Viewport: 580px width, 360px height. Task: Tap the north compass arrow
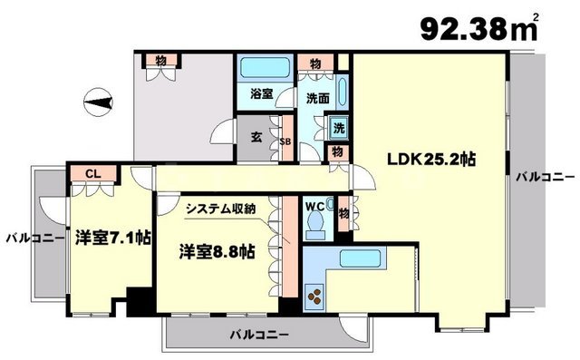pyautogui.click(x=99, y=101)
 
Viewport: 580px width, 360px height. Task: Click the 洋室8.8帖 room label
pyautogui.click(x=216, y=250)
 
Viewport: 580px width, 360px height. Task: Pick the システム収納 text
pyautogui.click(x=220, y=208)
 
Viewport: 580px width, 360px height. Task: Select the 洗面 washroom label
pyautogui.click(x=316, y=97)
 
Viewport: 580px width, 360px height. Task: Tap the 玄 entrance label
pyautogui.click(x=257, y=138)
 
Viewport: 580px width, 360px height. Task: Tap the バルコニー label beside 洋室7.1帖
pyautogui.click(x=34, y=239)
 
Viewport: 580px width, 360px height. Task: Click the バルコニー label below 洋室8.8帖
pyautogui.click(x=256, y=336)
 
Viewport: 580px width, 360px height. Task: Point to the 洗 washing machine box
pyautogui.click(x=338, y=129)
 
